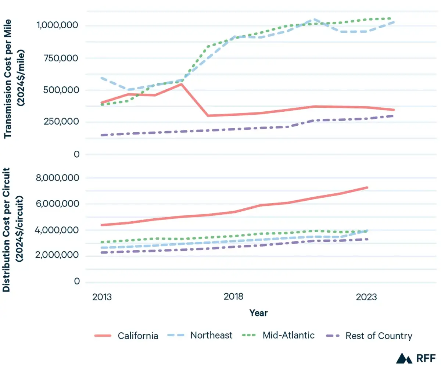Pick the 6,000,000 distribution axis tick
pyautogui.click(x=58, y=204)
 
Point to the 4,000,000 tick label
pyautogui.click(x=58, y=230)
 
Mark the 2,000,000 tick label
pyautogui.click(x=58, y=256)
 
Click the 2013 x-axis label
pyautogui.click(x=102, y=297)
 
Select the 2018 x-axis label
pyautogui.click(x=233, y=297)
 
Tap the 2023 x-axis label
pyautogui.click(x=366, y=297)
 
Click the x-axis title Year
pyautogui.click(x=258, y=313)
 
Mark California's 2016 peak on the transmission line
pyautogui.click(x=181, y=84)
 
